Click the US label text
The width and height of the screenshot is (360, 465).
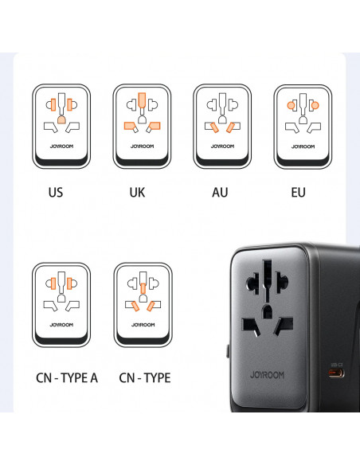click(56, 192)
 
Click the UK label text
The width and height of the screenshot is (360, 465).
click(137, 192)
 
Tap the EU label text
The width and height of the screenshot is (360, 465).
click(298, 192)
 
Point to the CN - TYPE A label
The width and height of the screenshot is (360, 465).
click(66, 377)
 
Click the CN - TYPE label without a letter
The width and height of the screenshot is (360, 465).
click(144, 377)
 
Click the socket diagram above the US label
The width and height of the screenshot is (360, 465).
click(61, 125)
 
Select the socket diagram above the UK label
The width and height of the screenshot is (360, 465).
click(142, 125)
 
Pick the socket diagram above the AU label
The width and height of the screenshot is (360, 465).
click(222, 125)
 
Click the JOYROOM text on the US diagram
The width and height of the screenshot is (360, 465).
click(61, 147)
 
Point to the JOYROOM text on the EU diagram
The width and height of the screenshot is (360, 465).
click(303, 147)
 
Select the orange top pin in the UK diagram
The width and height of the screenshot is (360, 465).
click(142, 101)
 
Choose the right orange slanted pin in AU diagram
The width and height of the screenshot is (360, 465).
click(232, 127)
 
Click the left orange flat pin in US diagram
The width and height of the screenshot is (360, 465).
click(53, 104)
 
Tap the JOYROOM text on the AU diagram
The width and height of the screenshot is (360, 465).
click(222, 147)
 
